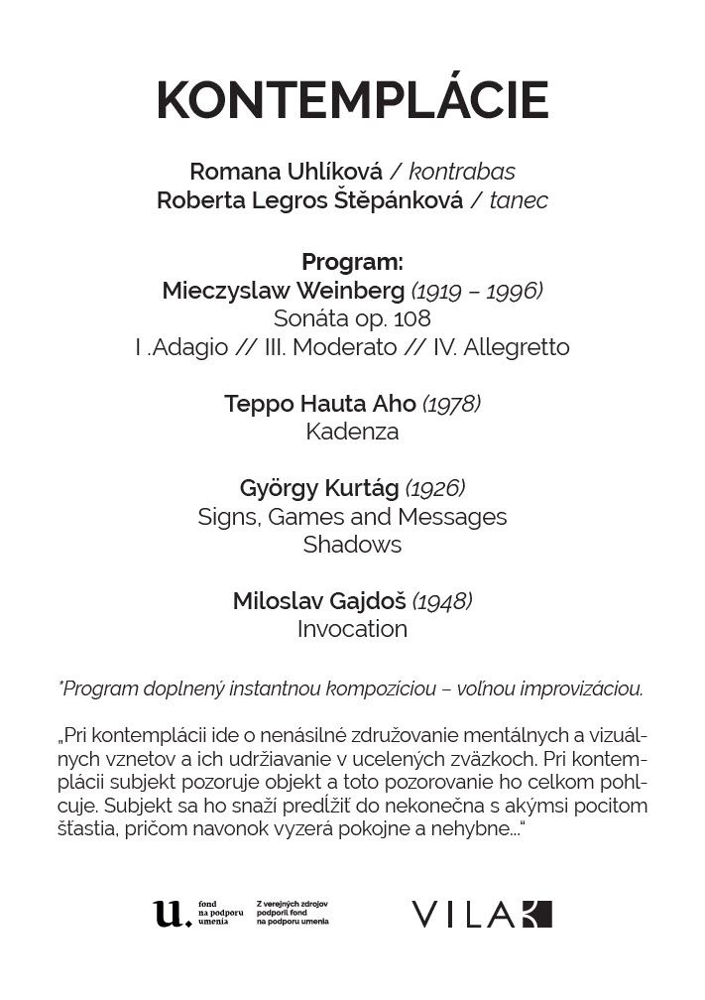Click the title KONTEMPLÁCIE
click(x=352, y=100)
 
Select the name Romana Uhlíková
click(x=286, y=172)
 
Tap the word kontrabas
click(x=462, y=172)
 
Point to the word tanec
click(x=519, y=200)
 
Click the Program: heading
click(x=352, y=263)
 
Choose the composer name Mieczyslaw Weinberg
click(x=284, y=291)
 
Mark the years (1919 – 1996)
click(x=477, y=291)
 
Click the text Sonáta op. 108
click(x=352, y=319)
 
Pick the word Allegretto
click(x=517, y=347)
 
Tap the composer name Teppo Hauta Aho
click(x=320, y=404)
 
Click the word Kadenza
click(x=352, y=432)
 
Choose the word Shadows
click(x=352, y=545)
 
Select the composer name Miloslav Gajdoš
click(x=319, y=601)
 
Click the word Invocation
click(x=352, y=629)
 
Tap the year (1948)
click(x=442, y=601)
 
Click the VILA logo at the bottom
click(x=482, y=914)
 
